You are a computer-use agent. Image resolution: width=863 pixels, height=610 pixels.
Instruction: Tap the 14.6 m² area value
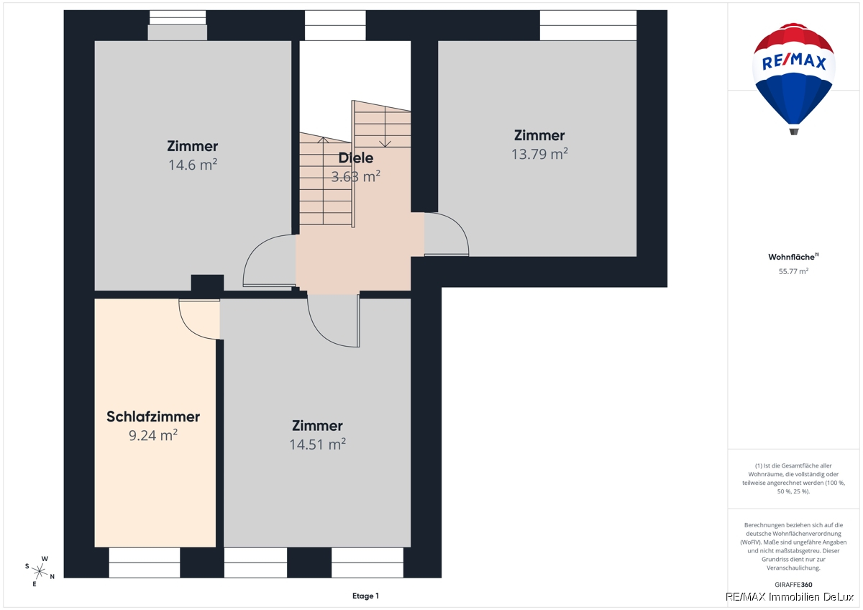click(x=193, y=165)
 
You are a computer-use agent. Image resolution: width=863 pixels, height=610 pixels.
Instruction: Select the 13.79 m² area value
click(x=539, y=154)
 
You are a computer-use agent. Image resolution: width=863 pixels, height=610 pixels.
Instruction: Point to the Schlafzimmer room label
click(x=153, y=416)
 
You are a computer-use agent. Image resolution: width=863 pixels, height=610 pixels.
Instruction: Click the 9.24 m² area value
click(x=153, y=435)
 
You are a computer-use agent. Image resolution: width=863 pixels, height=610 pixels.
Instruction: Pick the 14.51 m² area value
click(x=317, y=445)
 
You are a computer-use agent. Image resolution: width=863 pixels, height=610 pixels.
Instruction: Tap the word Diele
click(x=355, y=158)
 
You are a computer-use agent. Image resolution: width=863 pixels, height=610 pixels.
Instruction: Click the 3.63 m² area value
click(x=355, y=176)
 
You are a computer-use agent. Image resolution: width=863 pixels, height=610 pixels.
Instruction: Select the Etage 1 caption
click(x=365, y=596)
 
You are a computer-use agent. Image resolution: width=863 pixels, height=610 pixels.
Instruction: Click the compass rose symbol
click(x=40, y=571)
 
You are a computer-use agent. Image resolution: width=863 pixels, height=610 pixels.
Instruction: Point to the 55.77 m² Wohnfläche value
click(x=793, y=271)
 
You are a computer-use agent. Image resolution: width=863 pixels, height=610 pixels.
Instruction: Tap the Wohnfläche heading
click(x=793, y=257)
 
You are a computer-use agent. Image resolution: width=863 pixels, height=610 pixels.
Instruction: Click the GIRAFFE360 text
click(x=793, y=585)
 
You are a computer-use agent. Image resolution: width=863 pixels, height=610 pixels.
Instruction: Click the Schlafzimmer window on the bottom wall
click(x=145, y=563)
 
